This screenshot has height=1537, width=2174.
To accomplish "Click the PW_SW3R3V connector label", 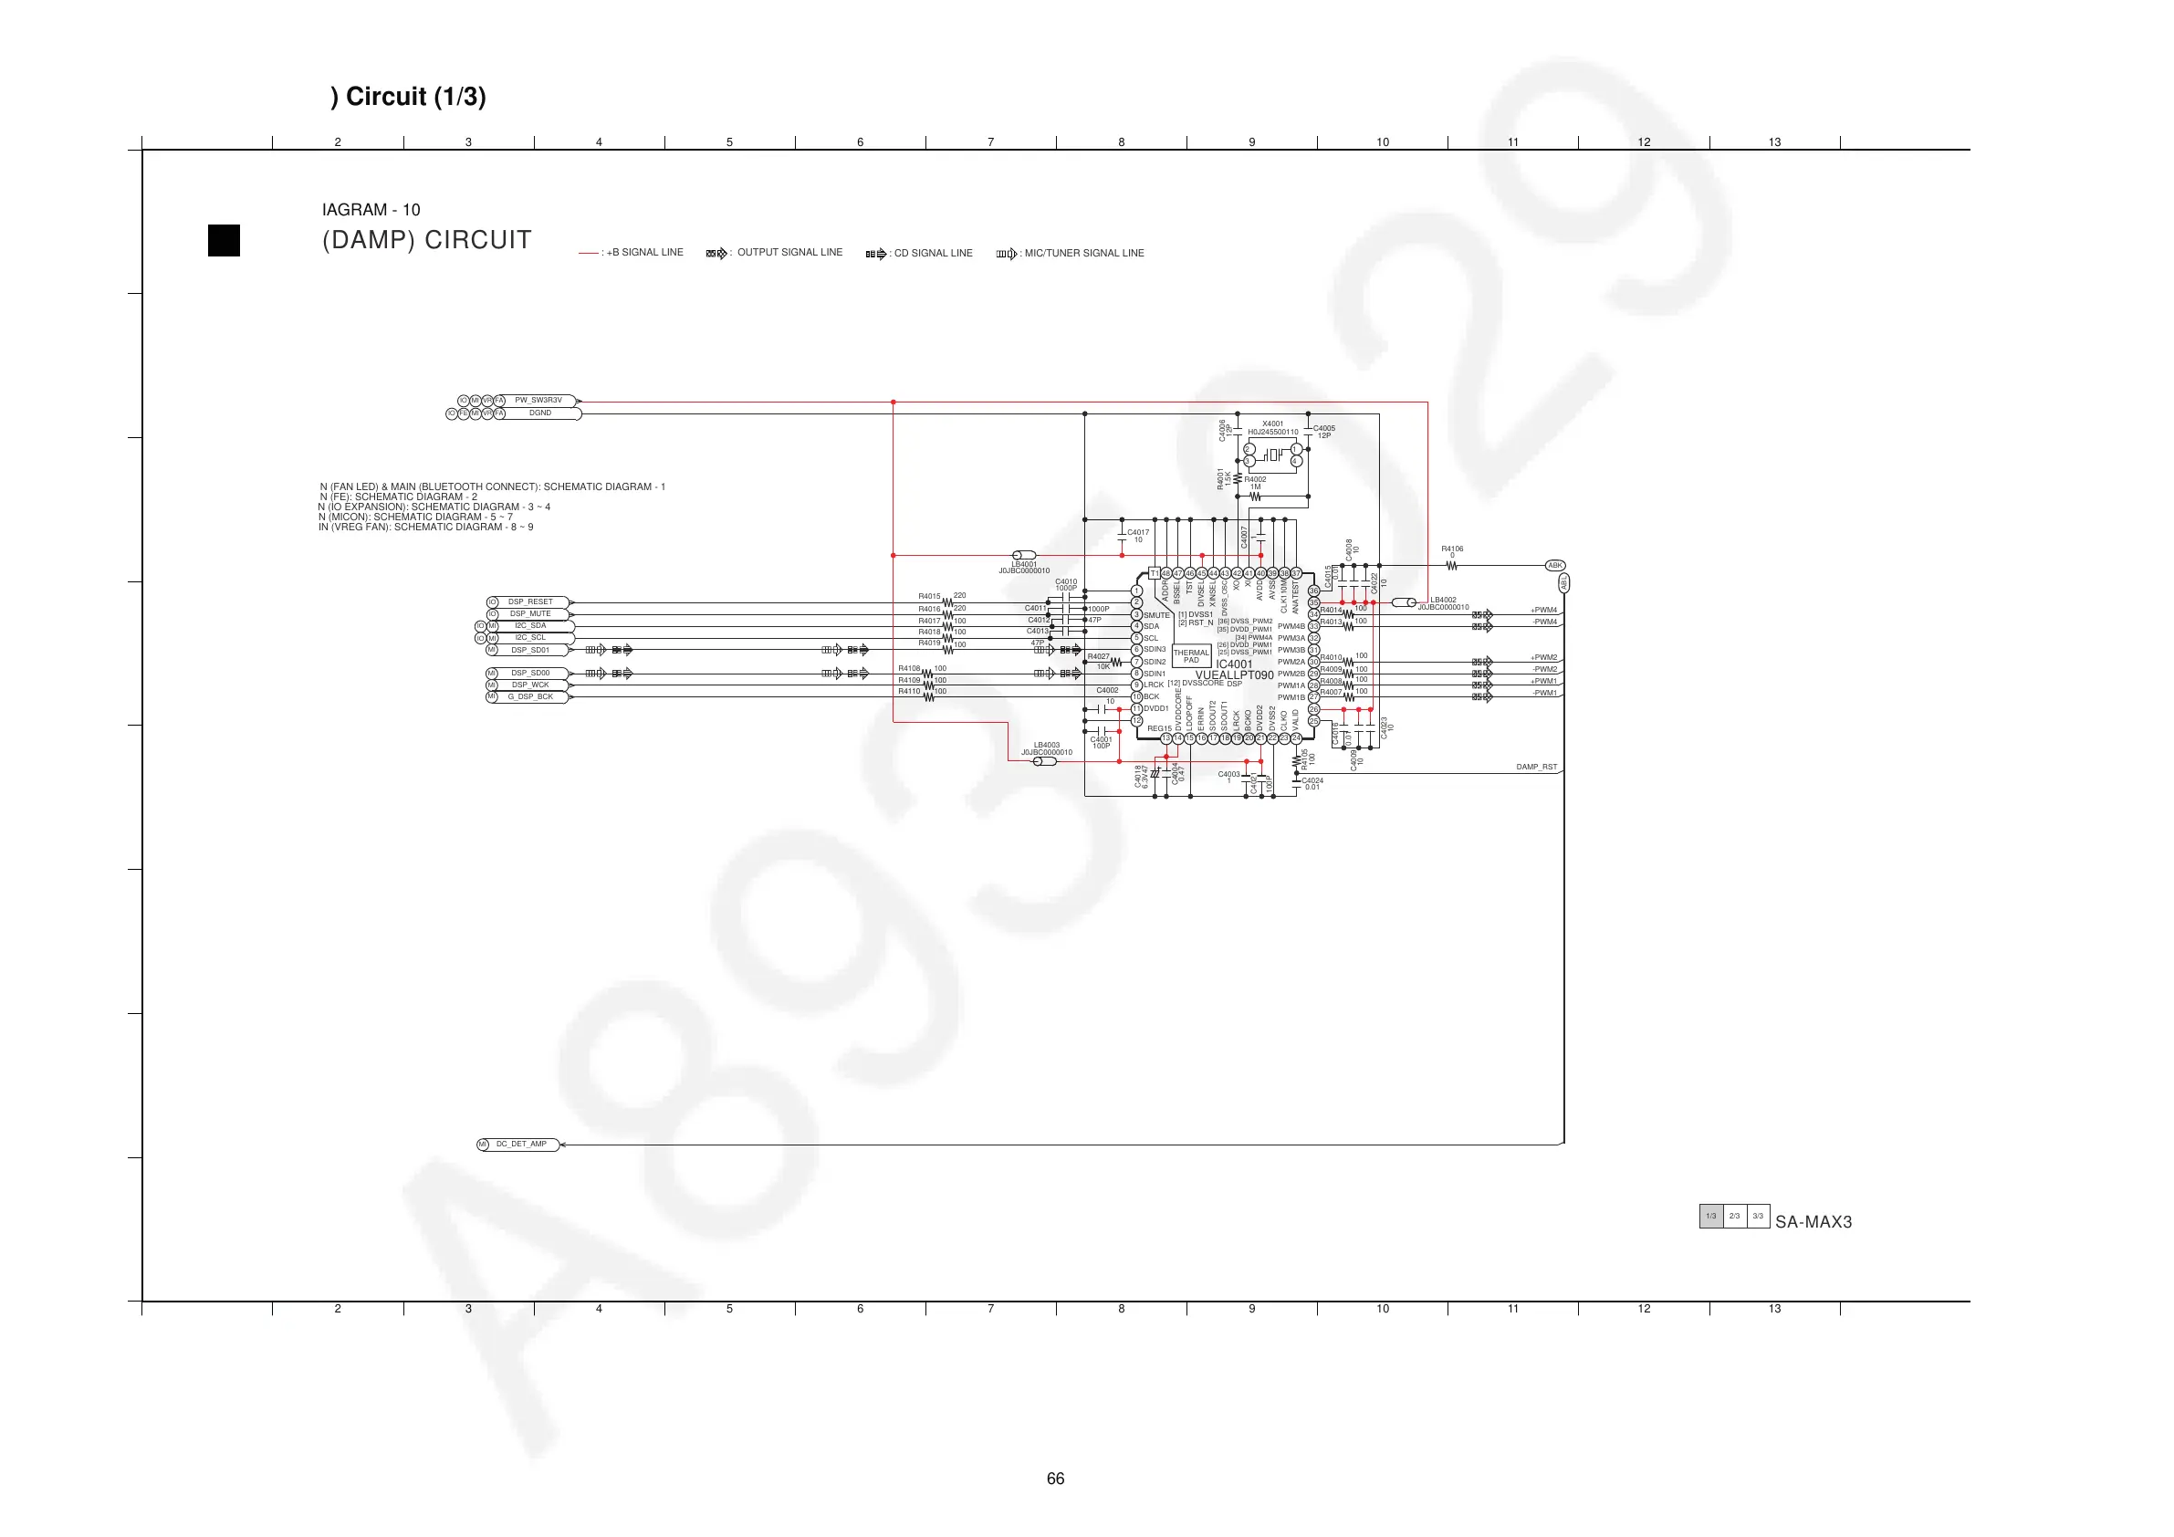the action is (x=538, y=401).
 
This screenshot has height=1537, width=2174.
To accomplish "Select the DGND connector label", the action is (x=539, y=413).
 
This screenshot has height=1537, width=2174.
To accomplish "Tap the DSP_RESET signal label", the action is (x=530, y=602).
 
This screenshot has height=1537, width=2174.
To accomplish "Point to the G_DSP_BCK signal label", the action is (x=530, y=697).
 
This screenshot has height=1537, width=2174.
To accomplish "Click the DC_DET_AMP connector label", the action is (x=522, y=1144).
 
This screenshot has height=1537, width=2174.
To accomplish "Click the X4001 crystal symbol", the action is (x=1272, y=455).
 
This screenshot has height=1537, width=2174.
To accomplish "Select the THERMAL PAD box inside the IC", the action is (x=1191, y=655).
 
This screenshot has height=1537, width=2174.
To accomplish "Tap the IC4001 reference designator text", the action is (x=1234, y=664).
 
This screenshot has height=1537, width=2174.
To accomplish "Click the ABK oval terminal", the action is (x=1555, y=565).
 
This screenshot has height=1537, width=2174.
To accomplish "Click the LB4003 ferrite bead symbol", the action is (x=1043, y=761).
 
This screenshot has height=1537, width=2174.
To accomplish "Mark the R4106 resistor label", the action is (x=1451, y=549).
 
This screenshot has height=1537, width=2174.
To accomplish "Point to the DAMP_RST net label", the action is (x=1536, y=767).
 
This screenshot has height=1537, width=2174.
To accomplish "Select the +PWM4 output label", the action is (x=1543, y=611).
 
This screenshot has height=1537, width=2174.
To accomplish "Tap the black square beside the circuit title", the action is (x=225, y=241).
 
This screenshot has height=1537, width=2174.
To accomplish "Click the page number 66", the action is (x=1056, y=1479).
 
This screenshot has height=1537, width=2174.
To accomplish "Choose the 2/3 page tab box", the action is (x=1734, y=1216).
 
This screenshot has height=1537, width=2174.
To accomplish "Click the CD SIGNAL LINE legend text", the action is (x=933, y=254).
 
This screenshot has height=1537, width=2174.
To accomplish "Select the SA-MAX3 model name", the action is (x=1813, y=1221).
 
